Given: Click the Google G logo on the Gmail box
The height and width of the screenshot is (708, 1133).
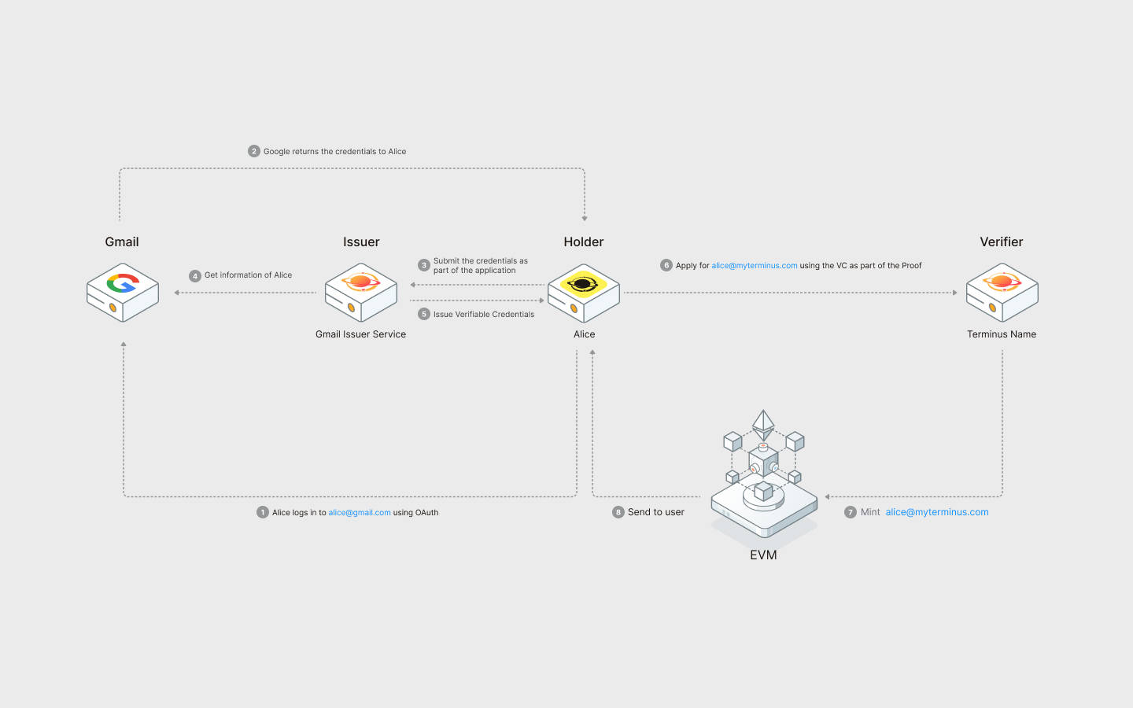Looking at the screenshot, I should tap(122, 282).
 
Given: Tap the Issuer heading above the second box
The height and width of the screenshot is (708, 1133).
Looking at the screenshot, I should tap(361, 242).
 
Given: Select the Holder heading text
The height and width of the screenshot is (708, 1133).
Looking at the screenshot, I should tap(584, 242).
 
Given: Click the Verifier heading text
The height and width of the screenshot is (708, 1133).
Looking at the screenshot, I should tap(1001, 242).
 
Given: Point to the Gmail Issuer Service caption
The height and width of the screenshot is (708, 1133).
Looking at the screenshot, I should tap(360, 334).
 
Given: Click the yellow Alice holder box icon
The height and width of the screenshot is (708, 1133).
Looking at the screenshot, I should tap(583, 292).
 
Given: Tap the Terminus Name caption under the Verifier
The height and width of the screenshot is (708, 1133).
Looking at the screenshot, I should tap(1001, 334).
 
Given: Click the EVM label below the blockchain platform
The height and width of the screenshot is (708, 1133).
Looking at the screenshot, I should tap(763, 555).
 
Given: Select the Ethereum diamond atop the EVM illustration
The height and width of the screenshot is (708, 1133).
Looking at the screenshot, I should tap(763, 423).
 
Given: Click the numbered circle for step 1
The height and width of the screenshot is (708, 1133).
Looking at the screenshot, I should tap(263, 512).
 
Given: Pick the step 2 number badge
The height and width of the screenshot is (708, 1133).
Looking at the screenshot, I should tap(254, 151).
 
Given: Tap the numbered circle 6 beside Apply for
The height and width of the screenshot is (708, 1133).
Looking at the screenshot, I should tap(666, 265).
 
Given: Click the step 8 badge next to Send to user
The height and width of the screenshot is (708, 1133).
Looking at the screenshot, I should tap(618, 512).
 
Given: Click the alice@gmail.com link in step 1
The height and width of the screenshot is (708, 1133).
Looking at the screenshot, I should tap(359, 513).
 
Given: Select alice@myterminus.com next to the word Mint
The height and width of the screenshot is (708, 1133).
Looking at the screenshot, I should tap(936, 512).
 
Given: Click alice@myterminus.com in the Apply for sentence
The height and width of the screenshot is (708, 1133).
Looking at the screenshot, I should tap(754, 266).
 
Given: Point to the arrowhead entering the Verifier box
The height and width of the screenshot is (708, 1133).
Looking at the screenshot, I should tap(955, 293).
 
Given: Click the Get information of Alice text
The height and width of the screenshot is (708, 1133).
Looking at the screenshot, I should tap(248, 275).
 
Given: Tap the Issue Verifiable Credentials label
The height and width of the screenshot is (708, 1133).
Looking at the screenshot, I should tap(483, 315).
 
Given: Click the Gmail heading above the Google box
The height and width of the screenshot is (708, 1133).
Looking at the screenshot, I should tap(122, 242).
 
